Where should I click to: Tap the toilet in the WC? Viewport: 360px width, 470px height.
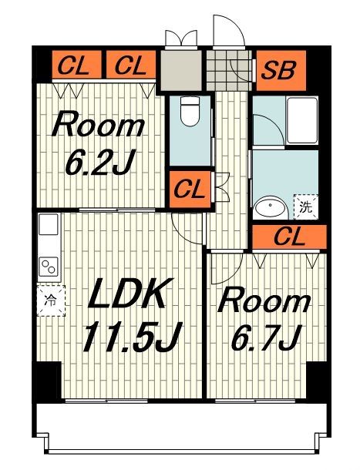tap(190, 111)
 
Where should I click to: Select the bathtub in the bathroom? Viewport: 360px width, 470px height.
tap(302, 120)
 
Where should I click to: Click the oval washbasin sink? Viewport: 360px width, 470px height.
tap(271, 207)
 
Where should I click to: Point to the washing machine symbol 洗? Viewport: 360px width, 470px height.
tap(306, 207)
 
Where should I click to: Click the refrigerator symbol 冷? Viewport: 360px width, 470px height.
tap(51, 300)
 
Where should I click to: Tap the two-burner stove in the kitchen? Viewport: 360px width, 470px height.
tap(49, 267)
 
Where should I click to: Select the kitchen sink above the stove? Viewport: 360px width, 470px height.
tap(49, 224)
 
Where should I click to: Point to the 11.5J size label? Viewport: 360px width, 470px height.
tap(133, 336)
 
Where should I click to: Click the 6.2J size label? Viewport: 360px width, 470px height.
tap(99, 162)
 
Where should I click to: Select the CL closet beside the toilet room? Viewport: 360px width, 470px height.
tap(190, 190)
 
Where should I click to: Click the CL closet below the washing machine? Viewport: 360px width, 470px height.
tap(289, 237)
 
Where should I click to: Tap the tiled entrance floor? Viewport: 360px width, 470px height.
tap(229, 70)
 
